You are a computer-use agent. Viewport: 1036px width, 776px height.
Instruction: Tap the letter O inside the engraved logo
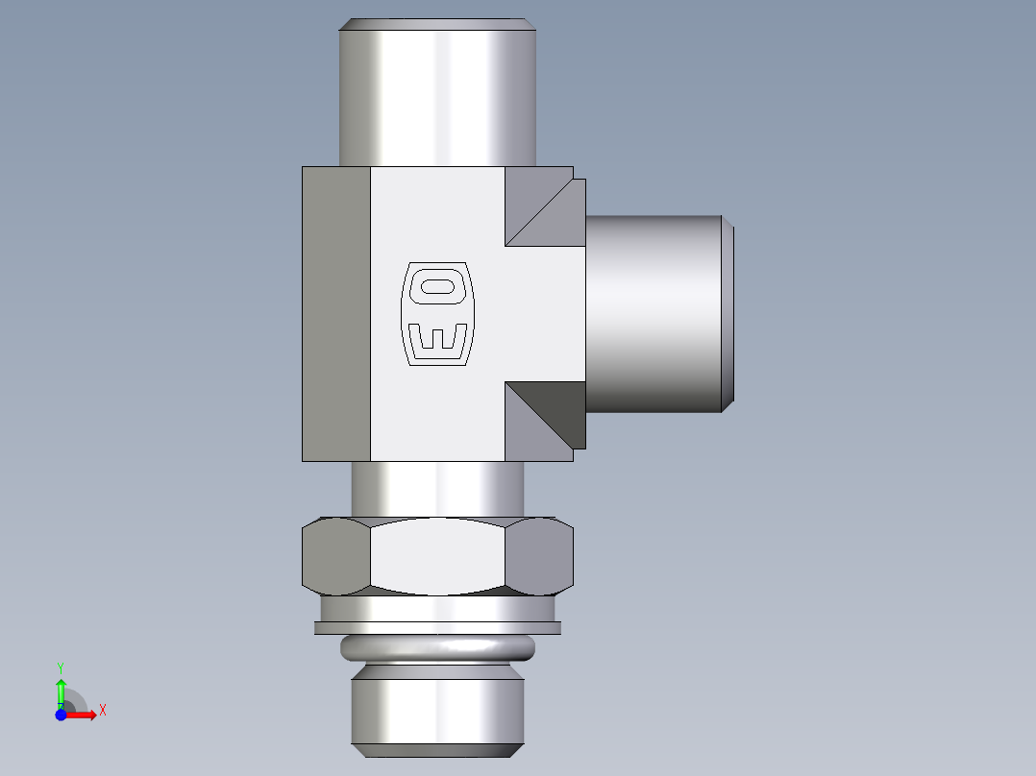[x=437, y=286]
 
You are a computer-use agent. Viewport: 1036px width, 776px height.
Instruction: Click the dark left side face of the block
[x=336, y=314]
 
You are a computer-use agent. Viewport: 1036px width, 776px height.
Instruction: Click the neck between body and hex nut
[x=437, y=489]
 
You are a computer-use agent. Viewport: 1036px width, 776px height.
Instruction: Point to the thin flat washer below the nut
[x=437, y=628]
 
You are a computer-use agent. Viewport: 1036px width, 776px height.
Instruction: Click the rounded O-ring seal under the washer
[x=437, y=649]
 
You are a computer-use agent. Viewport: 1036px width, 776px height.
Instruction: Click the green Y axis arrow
[x=61, y=690]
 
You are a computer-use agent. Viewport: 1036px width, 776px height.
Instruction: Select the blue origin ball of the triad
[x=62, y=715]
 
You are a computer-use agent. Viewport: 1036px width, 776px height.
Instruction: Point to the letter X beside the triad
[x=103, y=711]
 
